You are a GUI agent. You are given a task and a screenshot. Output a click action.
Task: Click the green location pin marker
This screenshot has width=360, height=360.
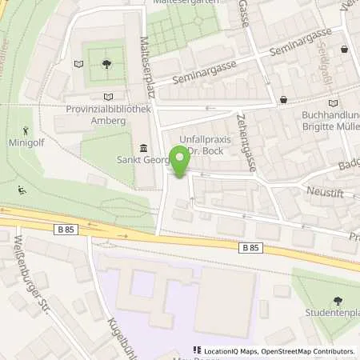point(180,162)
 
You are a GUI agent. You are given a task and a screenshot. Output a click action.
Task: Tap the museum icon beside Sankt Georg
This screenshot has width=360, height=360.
point(144,147)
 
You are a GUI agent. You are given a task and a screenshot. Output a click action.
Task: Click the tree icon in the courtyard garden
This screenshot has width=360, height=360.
point(107,63)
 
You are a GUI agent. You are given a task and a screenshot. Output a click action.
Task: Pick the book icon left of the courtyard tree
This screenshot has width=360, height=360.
point(78,63)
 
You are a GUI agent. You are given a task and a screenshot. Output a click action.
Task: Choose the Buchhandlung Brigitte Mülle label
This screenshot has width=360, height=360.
point(323,121)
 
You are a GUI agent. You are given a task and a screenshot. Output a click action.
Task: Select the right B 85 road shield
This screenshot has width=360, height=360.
point(250,248)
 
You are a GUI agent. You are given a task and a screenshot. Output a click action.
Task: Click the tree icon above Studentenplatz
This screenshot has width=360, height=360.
point(337,301)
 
